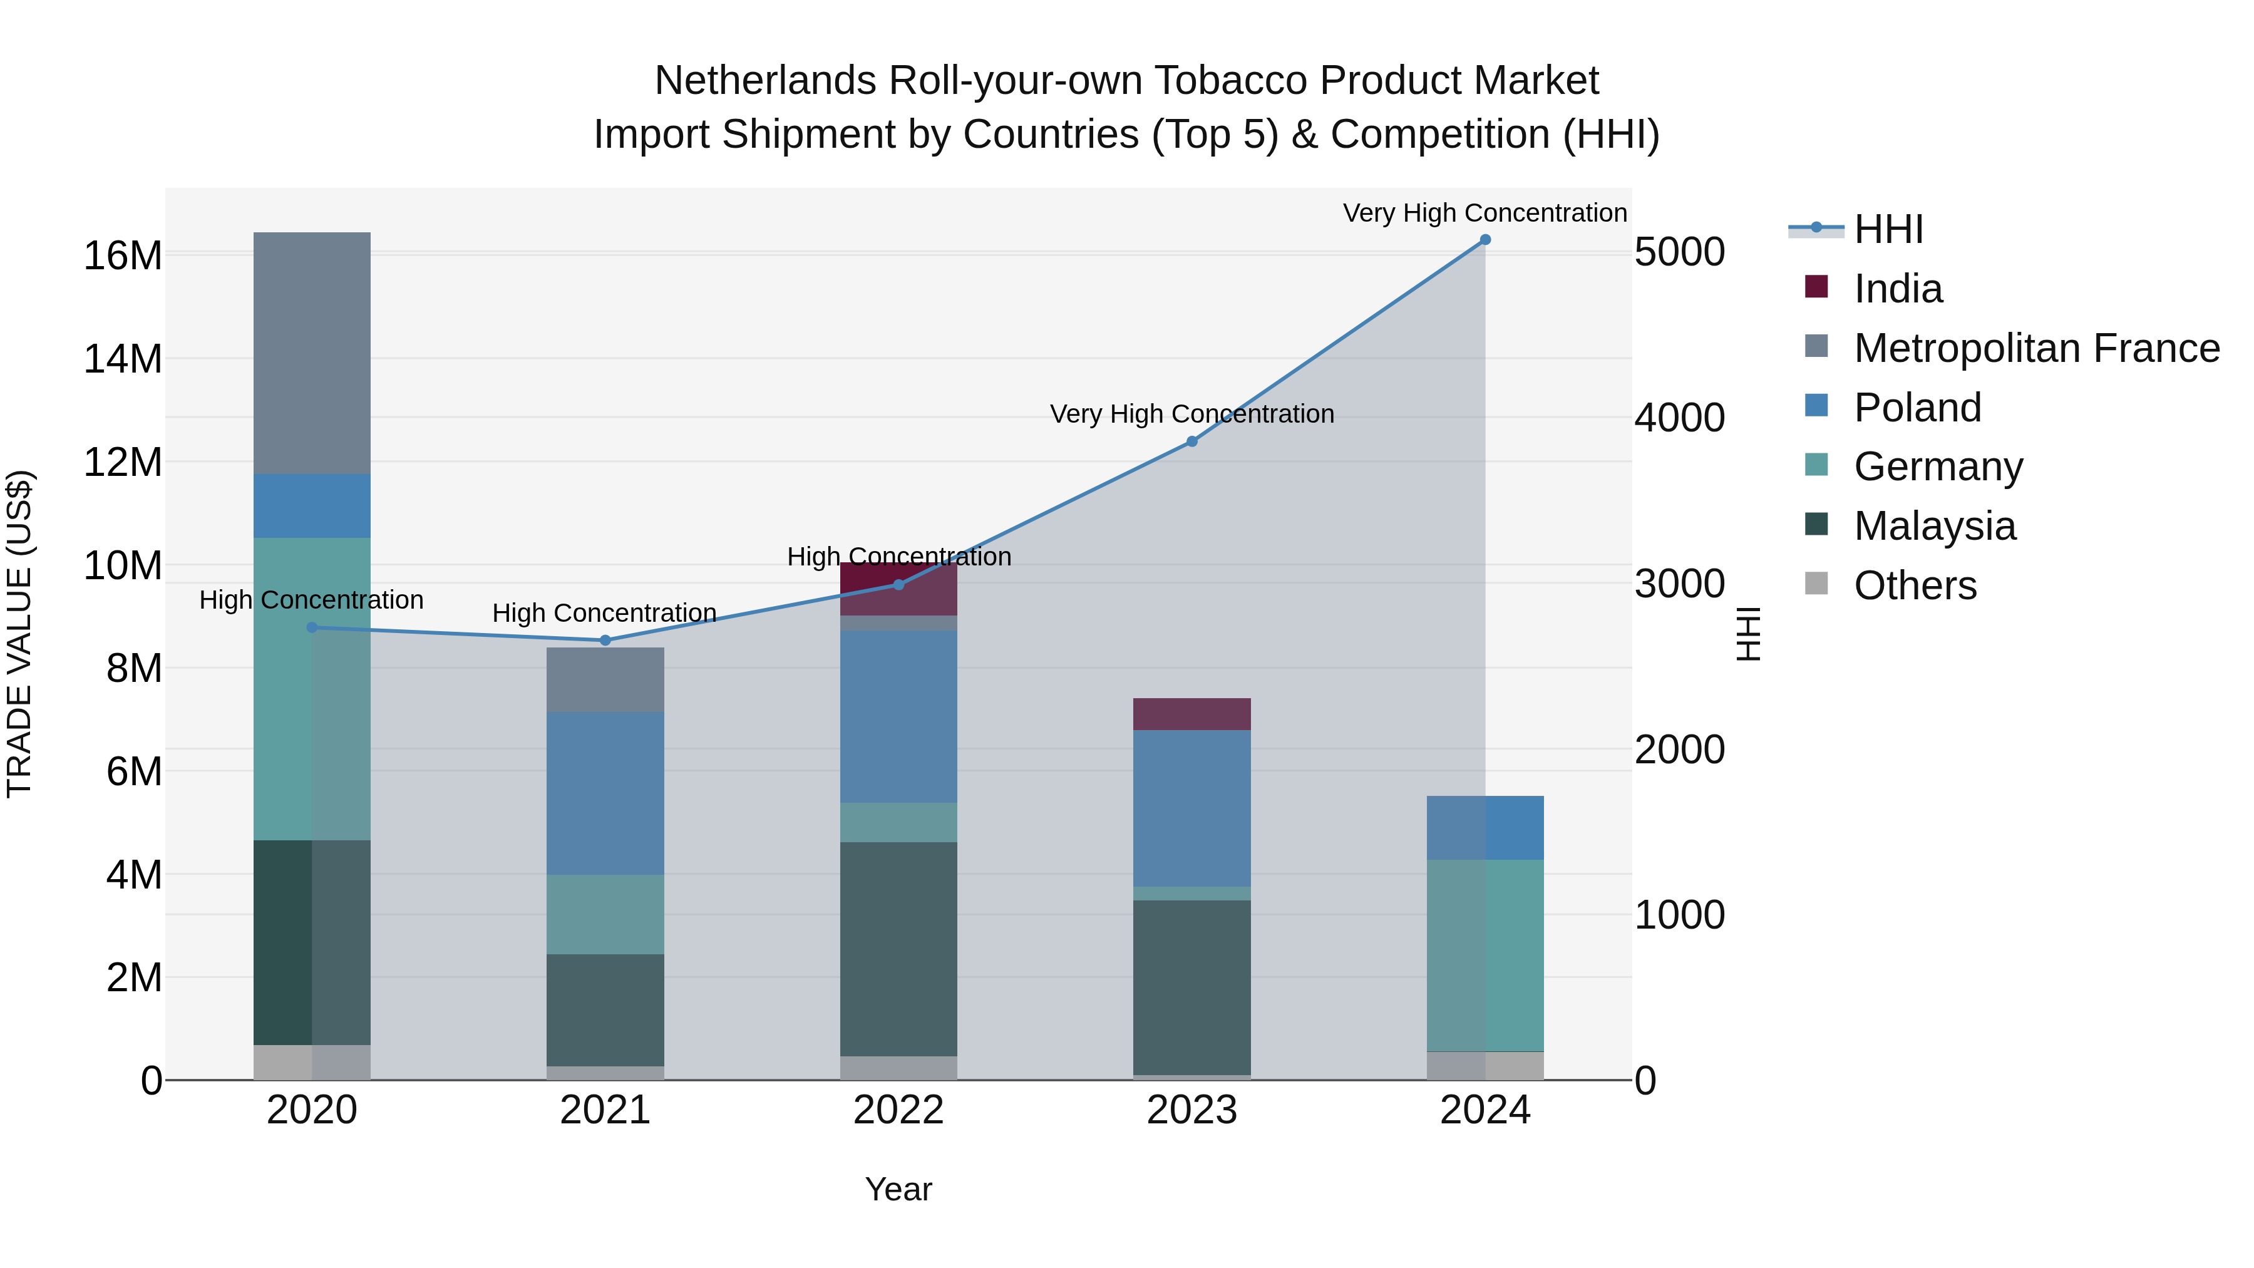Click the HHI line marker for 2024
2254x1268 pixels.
1485,240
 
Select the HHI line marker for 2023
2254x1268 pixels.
1191,442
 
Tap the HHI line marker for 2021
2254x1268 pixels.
605,641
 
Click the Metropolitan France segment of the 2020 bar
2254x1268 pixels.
312,354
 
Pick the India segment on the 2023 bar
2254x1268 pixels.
1191,714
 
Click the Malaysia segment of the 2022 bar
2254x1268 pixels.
898,949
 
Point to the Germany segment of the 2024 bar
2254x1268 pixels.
1485,955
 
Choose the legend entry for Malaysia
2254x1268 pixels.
1934,526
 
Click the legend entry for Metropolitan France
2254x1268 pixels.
2035,348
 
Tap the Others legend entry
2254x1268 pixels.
1915,585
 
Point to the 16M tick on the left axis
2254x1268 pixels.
123,256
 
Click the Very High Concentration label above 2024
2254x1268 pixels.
1485,214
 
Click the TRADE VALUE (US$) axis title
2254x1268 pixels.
19,634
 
